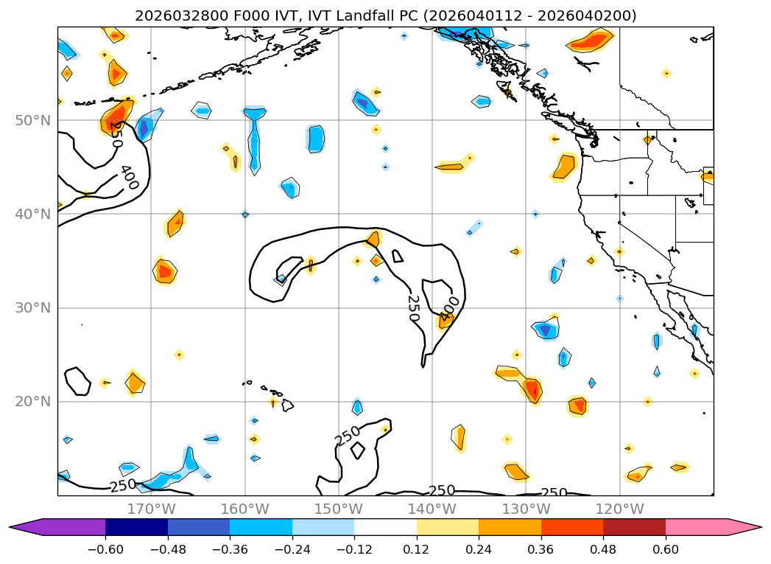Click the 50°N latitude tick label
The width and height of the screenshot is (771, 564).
point(32,121)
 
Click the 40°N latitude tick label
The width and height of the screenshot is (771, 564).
point(32,215)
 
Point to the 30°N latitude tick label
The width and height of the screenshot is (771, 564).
point(32,308)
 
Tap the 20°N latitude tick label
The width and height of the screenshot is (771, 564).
point(32,402)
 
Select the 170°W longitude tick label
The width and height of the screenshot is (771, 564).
point(151,509)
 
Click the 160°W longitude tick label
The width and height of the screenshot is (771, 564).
point(244,509)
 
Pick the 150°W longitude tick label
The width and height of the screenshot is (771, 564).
point(338,509)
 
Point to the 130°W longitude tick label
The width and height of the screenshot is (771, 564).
point(526,509)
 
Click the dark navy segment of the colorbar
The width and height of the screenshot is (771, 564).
point(136,527)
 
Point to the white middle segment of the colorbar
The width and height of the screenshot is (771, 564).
point(385,527)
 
